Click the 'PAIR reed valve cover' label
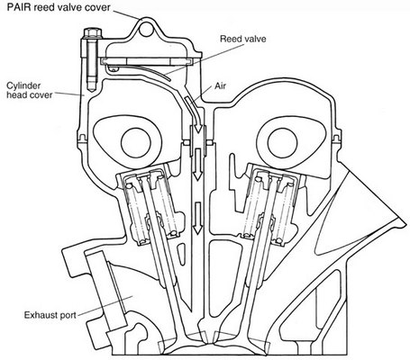point(59,7)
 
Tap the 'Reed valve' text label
point(243,39)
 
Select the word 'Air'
point(220,86)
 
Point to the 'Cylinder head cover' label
point(29,90)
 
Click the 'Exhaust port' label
point(50,315)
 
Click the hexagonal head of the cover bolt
point(92,32)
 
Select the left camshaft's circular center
point(136,143)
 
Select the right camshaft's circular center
point(282,143)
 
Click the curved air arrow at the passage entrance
point(193,113)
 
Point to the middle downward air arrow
point(197,165)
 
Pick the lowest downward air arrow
point(197,218)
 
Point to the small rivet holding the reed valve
point(114,70)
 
